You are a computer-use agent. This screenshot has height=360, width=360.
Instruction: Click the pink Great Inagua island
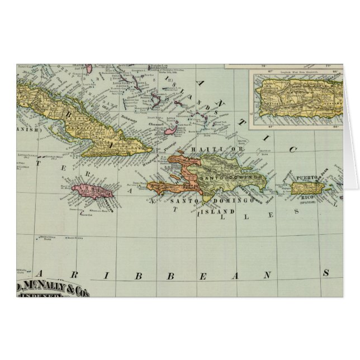[170, 131]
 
